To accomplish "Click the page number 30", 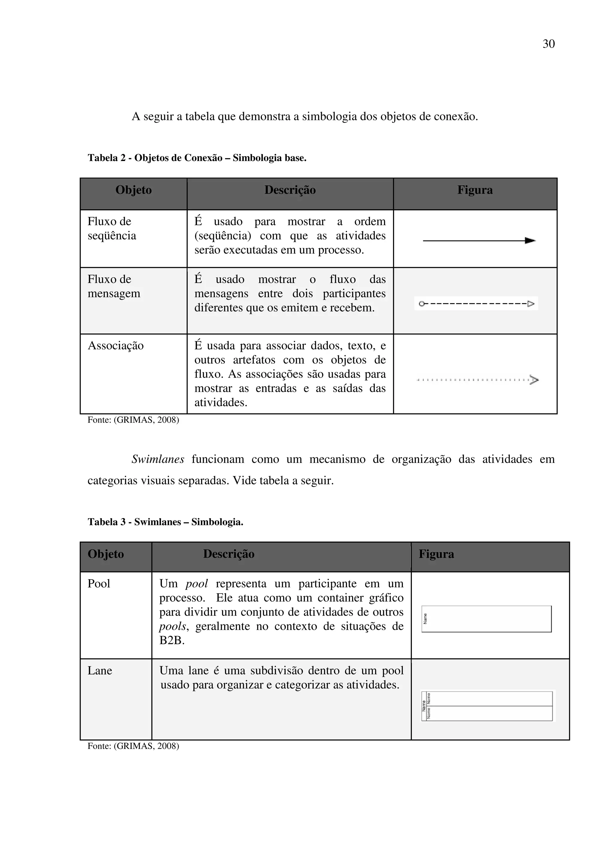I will (548, 44).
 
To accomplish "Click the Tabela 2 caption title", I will (197, 158).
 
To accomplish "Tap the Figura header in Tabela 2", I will (475, 190).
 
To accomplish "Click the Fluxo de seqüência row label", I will (112, 229).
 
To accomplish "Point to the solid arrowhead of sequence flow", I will (531, 241).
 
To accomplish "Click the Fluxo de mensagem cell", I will (114, 286).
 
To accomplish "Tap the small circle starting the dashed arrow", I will (421, 304).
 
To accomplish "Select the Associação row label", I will (116, 346).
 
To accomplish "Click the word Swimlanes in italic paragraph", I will (158, 459).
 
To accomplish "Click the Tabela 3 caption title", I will (166, 522).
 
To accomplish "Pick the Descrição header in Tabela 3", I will (228, 554).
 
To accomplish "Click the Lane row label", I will (100, 670).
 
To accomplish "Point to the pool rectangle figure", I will (486, 619).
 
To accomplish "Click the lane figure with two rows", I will (487, 706).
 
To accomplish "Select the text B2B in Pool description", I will (172, 641).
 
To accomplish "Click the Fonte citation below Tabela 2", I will (133, 420).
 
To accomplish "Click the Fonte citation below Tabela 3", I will (133, 746).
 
